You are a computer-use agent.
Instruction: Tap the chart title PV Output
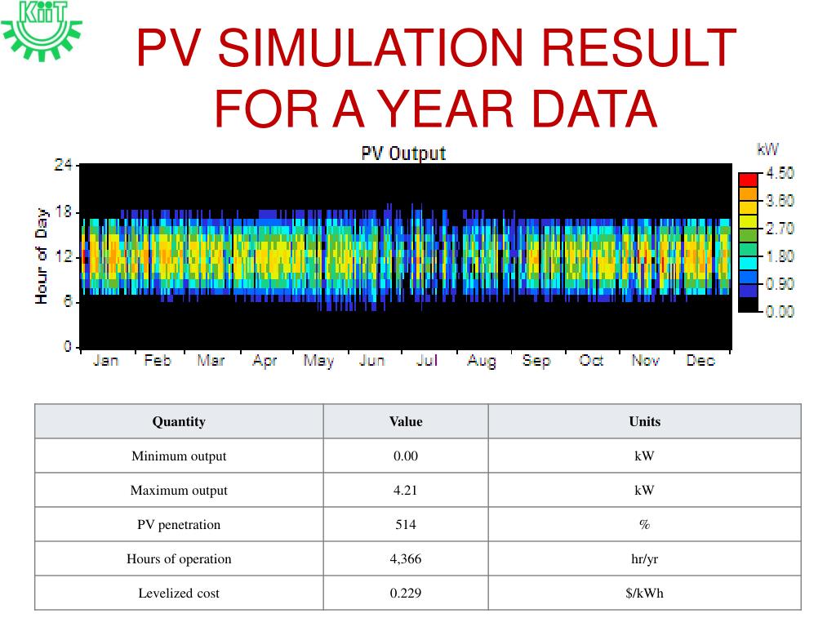click(403, 153)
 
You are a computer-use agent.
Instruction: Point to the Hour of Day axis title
click(42, 255)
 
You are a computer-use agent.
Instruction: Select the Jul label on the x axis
click(426, 360)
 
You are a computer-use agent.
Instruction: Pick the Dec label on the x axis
click(700, 360)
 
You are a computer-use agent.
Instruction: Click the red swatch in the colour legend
click(748, 180)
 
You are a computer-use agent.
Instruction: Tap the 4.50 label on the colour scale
click(780, 173)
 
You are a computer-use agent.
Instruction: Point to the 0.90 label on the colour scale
click(780, 284)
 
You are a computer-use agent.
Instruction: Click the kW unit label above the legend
click(767, 149)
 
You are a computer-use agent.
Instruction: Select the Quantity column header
click(179, 421)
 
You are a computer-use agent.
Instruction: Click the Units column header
click(644, 421)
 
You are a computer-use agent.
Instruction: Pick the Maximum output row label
click(179, 490)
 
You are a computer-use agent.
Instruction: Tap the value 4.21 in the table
click(406, 490)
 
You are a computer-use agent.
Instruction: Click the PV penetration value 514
click(406, 524)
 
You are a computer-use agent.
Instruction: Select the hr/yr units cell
click(644, 558)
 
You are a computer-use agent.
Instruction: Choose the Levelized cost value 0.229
click(406, 593)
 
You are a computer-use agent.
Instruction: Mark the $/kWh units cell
click(644, 593)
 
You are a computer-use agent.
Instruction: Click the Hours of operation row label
click(179, 558)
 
